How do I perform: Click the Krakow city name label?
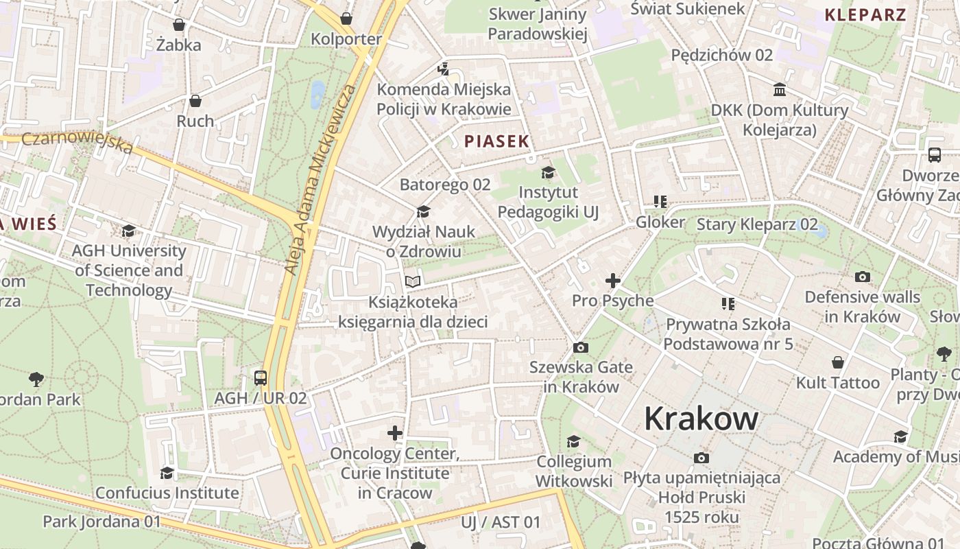coord(701,419)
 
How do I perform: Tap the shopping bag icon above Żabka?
coord(179,25)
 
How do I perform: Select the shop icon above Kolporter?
coord(346,19)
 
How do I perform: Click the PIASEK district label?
coord(496,142)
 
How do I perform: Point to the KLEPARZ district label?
coord(865,14)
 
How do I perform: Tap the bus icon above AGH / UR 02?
coord(261,377)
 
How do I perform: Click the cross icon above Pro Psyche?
coord(613,281)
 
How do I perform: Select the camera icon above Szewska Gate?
coord(581,347)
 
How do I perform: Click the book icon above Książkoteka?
coord(412,281)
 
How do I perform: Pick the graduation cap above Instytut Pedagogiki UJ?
coord(548,172)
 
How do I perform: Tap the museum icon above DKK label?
coord(780,90)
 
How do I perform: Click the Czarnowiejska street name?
coord(77,142)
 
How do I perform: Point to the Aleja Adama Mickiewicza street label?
coord(321,180)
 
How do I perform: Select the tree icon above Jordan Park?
coord(36,379)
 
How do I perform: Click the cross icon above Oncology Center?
coord(395,433)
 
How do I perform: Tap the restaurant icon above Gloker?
coord(660,202)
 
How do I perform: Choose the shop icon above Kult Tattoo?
coord(837,362)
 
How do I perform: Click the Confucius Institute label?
coord(167,493)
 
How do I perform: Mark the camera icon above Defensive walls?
coord(863,277)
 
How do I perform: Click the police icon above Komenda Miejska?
coord(444,69)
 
